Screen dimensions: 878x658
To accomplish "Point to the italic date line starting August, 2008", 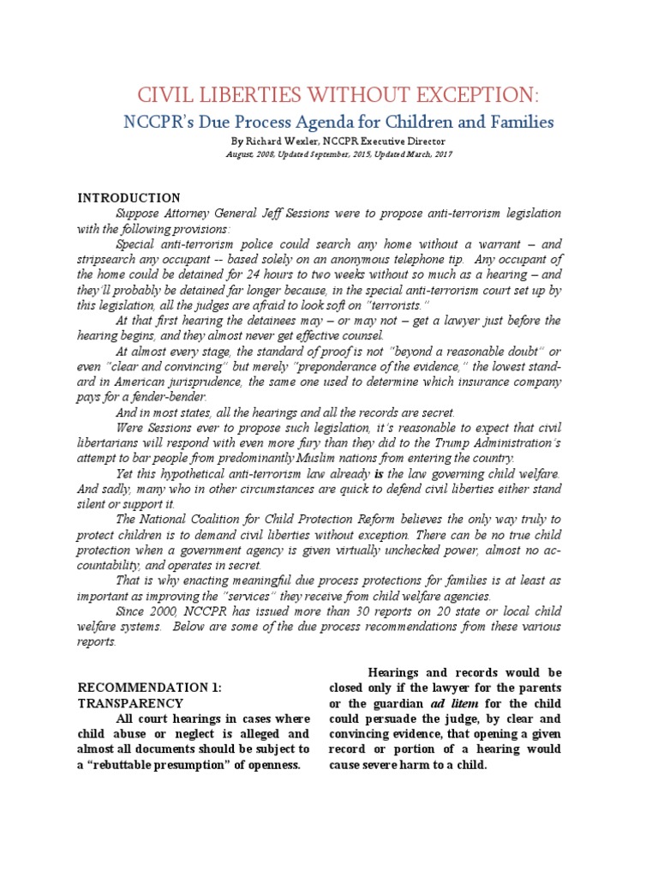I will (x=328, y=154).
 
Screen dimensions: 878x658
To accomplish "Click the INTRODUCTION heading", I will (x=129, y=198).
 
